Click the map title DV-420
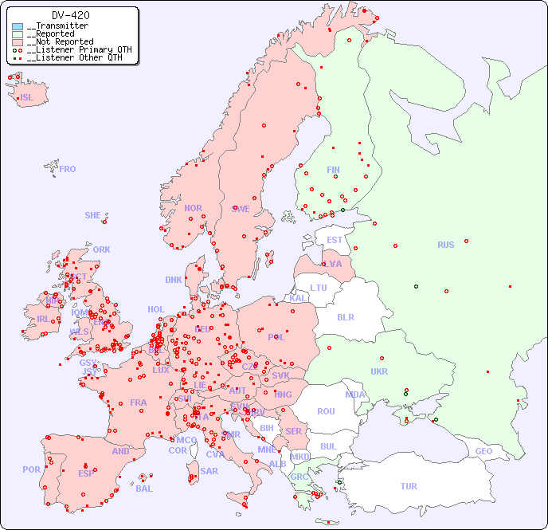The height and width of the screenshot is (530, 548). tap(70, 15)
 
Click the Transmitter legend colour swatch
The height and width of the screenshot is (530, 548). tap(18, 26)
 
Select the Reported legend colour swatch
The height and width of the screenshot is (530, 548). tap(18, 34)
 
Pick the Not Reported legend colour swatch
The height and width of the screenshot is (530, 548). tap(18, 42)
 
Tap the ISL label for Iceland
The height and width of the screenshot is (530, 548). tap(27, 98)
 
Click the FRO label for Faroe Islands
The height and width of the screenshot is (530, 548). tap(68, 169)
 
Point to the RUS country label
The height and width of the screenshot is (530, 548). tap(445, 245)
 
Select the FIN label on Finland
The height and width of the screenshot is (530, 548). tap(333, 170)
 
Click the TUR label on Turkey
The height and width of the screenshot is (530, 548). tap(409, 486)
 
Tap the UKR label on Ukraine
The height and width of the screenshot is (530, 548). tap(379, 371)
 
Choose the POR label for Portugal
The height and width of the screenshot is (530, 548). tap(31, 469)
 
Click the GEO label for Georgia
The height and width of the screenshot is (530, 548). tap(483, 451)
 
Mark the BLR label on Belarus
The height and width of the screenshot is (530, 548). tap(345, 316)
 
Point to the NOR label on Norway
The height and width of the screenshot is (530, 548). tap(193, 208)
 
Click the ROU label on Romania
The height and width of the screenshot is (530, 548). tap(326, 411)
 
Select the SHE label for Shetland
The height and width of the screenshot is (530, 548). tap(93, 215)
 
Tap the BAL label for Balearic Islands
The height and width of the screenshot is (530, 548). tap(144, 489)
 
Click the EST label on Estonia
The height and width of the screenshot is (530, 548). tap(335, 240)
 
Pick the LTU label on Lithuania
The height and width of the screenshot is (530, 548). tap(319, 288)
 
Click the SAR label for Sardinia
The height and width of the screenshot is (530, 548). tap(209, 470)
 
